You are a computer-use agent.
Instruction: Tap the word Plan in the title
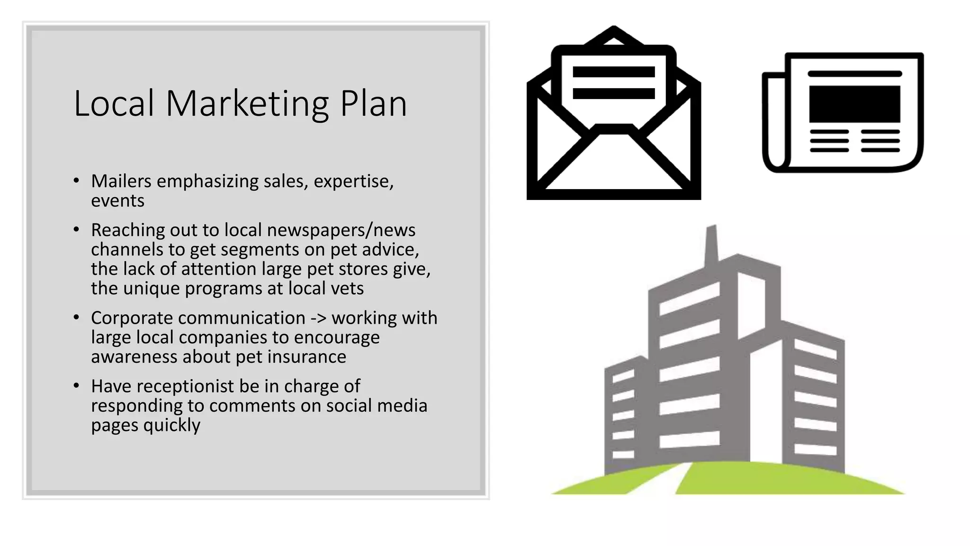point(373,103)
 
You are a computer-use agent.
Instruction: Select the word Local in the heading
point(114,103)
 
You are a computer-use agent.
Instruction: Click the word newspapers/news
point(341,230)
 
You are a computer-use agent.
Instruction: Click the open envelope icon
point(613,114)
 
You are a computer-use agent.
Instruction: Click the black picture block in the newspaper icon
point(854,104)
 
